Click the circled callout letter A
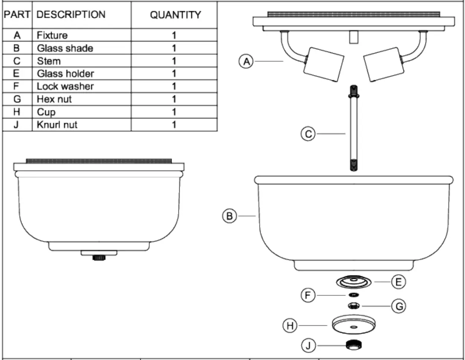(x=246, y=61)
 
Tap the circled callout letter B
(x=230, y=216)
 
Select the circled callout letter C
(x=308, y=134)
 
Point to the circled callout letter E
(x=398, y=282)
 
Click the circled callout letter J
(x=308, y=345)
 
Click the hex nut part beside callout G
(x=353, y=306)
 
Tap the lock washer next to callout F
(x=353, y=295)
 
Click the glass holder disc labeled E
(x=354, y=282)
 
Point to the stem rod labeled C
(x=353, y=128)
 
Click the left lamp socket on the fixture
(x=323, y=64)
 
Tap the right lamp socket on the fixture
(x=383, y=64)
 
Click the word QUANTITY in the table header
(x=175, y=15)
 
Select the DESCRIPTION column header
(x=71, y=15)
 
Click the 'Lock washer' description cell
(x=65, y=86)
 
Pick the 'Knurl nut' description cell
(x=57, y=125)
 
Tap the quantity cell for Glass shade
(x=174, y=48)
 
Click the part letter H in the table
(x=17, y=112)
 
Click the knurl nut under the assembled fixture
(x=99, y=257)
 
